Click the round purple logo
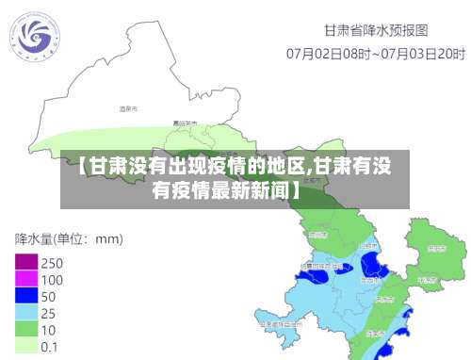point(37,39)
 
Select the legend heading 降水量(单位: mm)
point(69,238)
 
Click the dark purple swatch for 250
point(24,262)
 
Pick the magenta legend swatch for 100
point(24,279)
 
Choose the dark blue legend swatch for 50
point(24,296)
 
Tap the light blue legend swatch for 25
point(24,313)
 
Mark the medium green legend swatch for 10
point(24,330)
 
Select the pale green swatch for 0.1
point(24,347)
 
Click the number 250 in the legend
point(52,262)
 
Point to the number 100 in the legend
point(52,279)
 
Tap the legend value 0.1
point(50,347)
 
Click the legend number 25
point(48,313)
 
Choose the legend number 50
point(48,296)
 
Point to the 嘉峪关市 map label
point(185,123)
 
